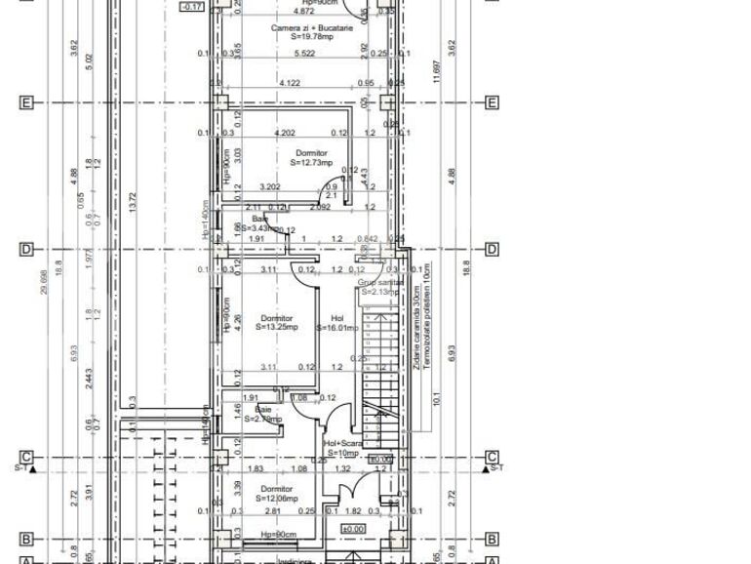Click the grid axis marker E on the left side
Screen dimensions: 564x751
(26, 102)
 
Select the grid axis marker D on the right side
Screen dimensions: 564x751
(492, 250)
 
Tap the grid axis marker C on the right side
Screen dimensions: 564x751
(492, 457)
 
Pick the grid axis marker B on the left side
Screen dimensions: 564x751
(26, 539)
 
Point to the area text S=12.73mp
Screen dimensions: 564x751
(311, 163)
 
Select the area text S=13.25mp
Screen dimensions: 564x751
(276, 328)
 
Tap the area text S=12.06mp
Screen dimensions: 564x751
(276, 499)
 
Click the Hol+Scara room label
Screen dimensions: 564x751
(343, 443)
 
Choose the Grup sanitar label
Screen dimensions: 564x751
(380, 282)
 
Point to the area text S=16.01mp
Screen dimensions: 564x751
(337, 328)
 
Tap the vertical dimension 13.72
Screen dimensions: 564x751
(132, 202)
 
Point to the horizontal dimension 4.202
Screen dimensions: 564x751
(285, 133)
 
